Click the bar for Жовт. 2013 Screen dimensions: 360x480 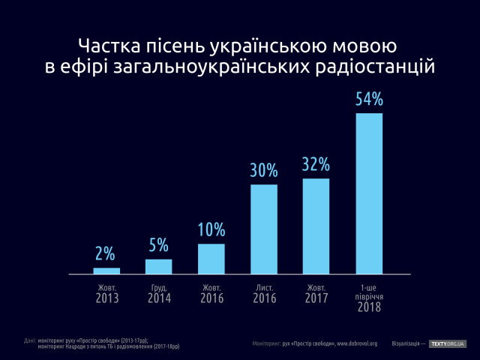click(106, 271)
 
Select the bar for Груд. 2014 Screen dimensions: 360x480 click(158, 266)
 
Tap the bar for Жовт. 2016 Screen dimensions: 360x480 click(211, 259)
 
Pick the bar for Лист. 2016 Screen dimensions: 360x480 click(264, 229)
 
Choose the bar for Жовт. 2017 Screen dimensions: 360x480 click(316, 226)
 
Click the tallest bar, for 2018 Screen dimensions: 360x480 click(369, 193)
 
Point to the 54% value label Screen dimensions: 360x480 click(369, 99)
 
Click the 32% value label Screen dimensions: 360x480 click(316, 165)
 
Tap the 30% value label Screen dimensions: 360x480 click(264, 170)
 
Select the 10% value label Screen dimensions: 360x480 click(211, 229)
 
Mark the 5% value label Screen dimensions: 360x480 click(158, 245)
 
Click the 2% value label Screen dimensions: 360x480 click(106, 253)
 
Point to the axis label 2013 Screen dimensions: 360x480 click(106, 298)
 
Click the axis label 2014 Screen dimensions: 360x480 click(158, 298)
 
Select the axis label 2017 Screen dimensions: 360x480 click(316, 298)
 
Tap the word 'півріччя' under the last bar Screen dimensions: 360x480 click(369, 296)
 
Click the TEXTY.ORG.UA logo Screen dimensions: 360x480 click(448, 343)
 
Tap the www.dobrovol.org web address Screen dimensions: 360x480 click(367, 343)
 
